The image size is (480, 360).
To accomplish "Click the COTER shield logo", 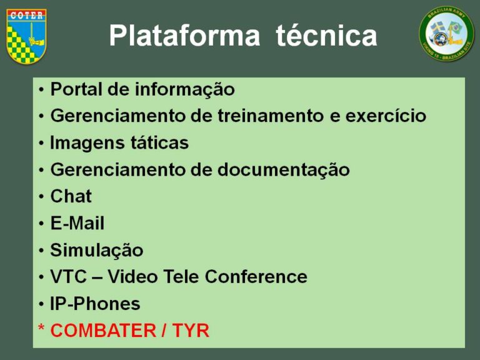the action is pos(26,36).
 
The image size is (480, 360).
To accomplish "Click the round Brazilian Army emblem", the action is pos(446,34).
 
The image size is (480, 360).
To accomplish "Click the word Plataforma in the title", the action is pos(184,36).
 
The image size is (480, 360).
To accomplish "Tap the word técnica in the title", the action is pos(326,35).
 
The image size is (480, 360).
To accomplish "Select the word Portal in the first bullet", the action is pos(76,89).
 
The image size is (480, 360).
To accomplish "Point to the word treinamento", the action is pos(271,116).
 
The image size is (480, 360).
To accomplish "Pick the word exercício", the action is pos(386,116).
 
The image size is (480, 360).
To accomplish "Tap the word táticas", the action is pos(159,143).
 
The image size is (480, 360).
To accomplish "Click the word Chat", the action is pos(71,196).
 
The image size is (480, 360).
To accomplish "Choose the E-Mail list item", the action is pos(77,223).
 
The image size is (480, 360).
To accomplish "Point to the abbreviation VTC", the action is pos(69,277).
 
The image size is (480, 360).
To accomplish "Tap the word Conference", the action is pos(256,277).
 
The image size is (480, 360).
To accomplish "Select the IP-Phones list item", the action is pos(95,304).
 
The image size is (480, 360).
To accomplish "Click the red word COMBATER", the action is pos(103,331).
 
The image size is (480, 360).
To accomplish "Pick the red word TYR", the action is pos(191,331).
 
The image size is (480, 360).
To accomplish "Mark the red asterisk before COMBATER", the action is pos(41,328).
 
